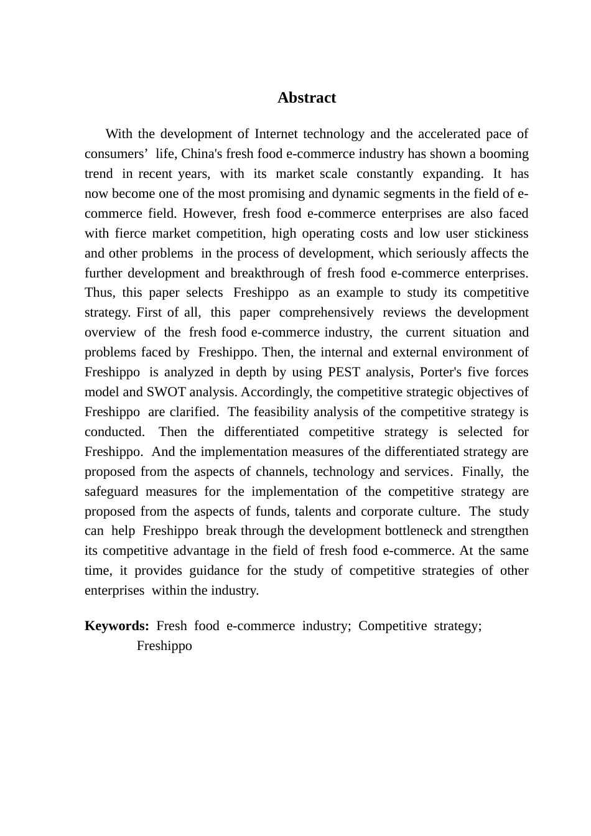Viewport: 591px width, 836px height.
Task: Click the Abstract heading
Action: (x=306, y=98)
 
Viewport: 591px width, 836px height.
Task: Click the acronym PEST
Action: (x=342, y=372)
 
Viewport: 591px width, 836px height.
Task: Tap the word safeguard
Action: (x=111, y=491)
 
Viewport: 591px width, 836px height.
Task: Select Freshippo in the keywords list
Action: (x=164, y=646)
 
